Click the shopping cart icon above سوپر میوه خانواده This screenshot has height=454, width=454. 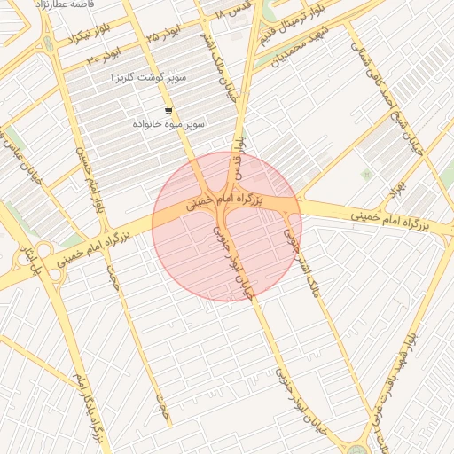click(x=168, y=111)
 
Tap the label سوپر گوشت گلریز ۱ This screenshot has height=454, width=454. click(x=148, y=79)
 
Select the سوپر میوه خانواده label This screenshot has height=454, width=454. click(x=168, y=124)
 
